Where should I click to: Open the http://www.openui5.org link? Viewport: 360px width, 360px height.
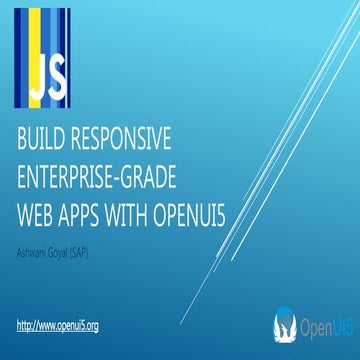(x=58, y=326)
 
